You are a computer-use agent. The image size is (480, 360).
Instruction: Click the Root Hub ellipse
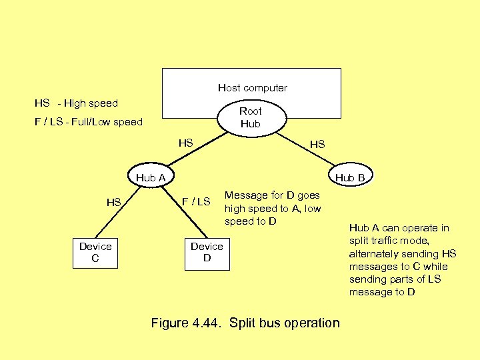pyautogui.click(x=251, y=117)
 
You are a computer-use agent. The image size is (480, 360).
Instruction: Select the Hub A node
pyautogui.click(x=151, y=177)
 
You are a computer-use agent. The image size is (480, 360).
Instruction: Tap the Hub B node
pyautogui.click(x=349, y=177)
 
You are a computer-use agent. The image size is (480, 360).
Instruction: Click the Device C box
pyautogui.click(x=95, y=253)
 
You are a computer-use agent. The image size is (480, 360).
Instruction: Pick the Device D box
pyautogui.click(x=207, y=253)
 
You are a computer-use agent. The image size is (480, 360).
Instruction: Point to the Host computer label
pyautogui.click(x=253, y=88)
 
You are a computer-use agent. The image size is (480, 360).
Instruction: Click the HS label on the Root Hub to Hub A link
pyautogui.click(x=185, y=143)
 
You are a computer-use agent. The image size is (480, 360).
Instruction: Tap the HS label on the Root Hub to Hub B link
pyautogui.click(x=317, y=144)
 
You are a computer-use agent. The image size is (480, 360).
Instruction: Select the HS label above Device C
pyautogui.click(x=114, y=202)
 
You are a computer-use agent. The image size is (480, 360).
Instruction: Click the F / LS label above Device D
pyautogui.click(x=196, y=202)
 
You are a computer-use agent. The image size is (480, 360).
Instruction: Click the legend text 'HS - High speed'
pyautogui.click(x=76, y=103)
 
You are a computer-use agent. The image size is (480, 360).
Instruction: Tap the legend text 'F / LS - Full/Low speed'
pyautogui.click(x=89, y=122)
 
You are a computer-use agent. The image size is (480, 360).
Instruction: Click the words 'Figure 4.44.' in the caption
pyautogui.click(x=187, y=323)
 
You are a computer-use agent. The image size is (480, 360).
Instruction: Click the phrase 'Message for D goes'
pyautogui.click(x=272, y=195)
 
